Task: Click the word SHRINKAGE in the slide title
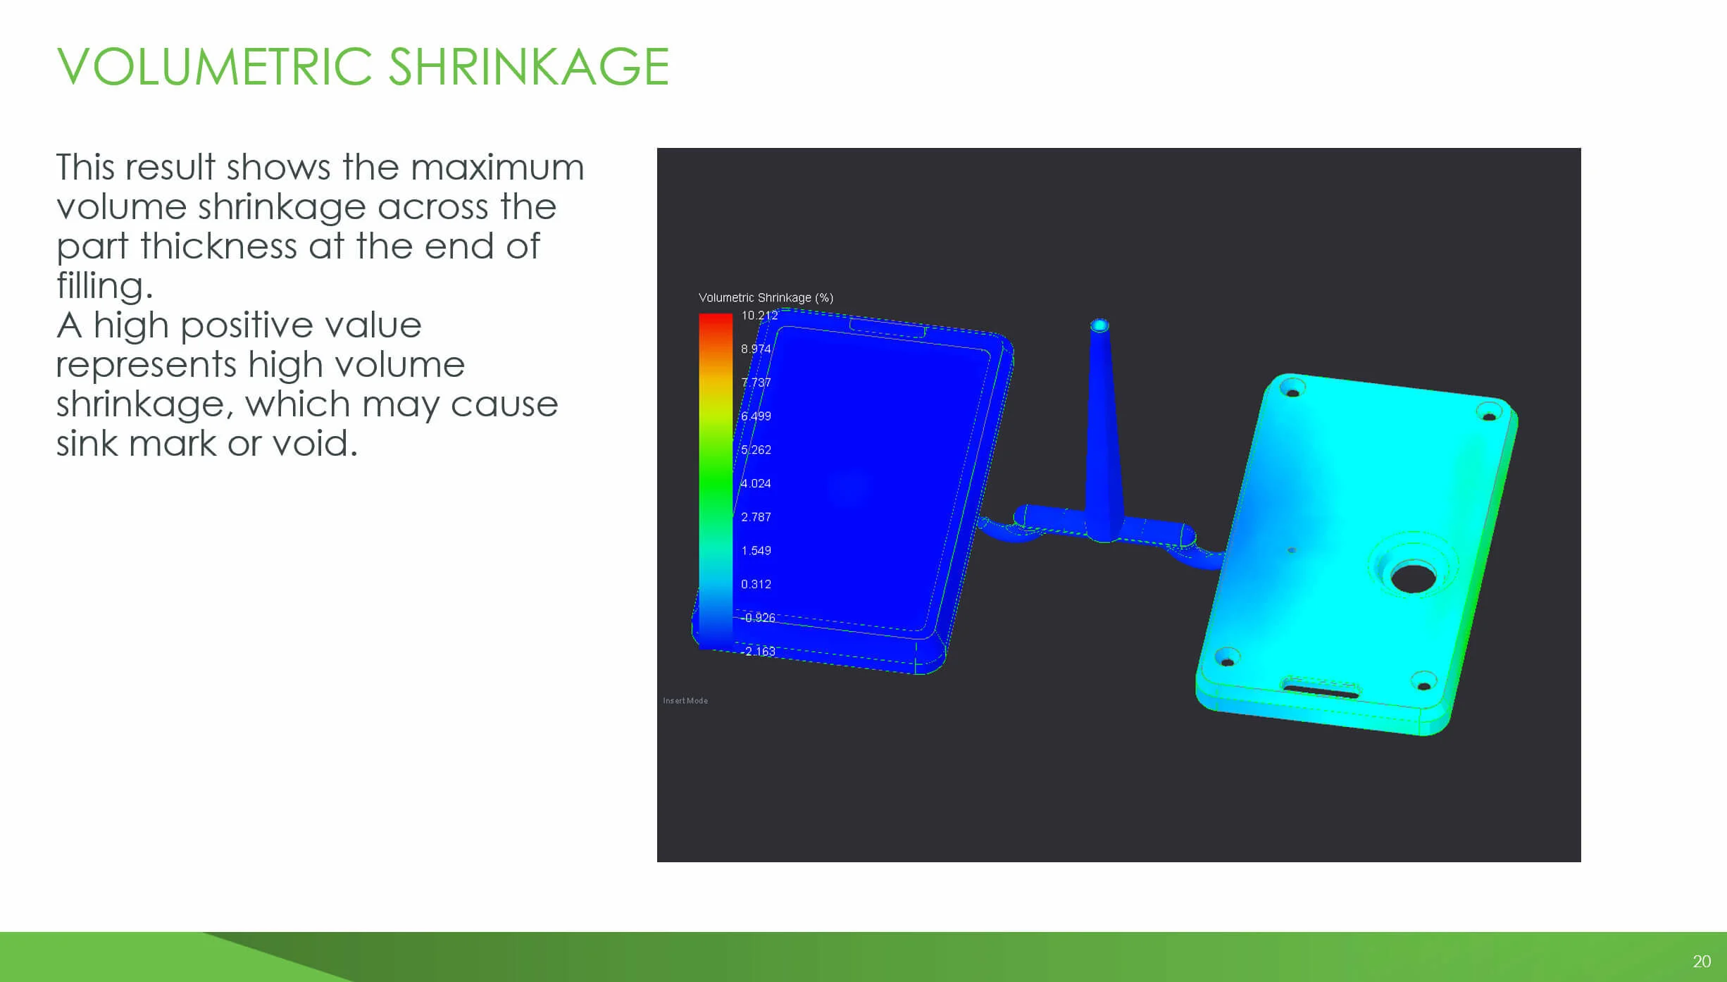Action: tap(528, 67)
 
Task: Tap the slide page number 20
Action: tap(1702, 962)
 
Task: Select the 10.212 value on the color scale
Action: tap(759, 316)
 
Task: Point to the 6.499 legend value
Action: tap(756, 416)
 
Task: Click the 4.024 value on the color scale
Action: tap(756, 483)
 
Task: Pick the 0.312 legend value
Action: tap(756, 584)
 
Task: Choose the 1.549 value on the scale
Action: tap(756, 550)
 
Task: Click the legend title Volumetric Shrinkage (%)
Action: tap(766, 298)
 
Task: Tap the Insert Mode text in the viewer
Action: tap(685, 701)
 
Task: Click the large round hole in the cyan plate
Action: tap(1413, 578)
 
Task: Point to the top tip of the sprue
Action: tap(1099, 325)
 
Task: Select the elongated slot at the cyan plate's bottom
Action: tap(1320, 689)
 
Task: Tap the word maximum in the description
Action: tap(497, 168)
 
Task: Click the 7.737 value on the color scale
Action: tap(756, 383)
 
